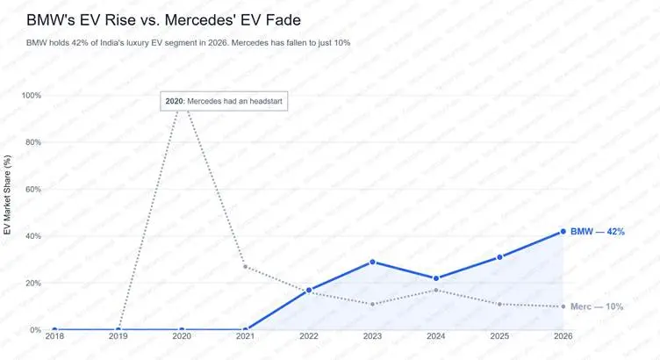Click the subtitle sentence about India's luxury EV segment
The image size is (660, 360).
click(189, 43)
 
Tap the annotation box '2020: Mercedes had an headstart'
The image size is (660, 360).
click(224, 101)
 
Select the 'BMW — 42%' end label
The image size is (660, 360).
click(597, 232)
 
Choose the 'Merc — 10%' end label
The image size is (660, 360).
click(597, 307)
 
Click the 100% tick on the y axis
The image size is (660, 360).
click(31, 96)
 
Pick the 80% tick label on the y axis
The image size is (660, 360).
click(32, 142)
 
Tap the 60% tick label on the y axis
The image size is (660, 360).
click(32, 190)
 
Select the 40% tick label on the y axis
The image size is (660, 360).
click(32, 236)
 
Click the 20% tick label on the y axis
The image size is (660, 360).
click(32, 284)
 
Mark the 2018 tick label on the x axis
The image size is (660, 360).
click(54, 335)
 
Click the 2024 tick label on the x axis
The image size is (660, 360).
click(436, 335)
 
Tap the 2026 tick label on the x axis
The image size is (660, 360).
click(563, 335)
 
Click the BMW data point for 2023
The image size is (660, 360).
click(372, 262)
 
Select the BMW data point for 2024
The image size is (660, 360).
click(436, 278)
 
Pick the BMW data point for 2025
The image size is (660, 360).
click(499, 257)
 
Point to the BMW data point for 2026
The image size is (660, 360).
click(563, 232)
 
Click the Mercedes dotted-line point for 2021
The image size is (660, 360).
click(245, 267)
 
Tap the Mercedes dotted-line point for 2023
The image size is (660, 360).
click(372, 304)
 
